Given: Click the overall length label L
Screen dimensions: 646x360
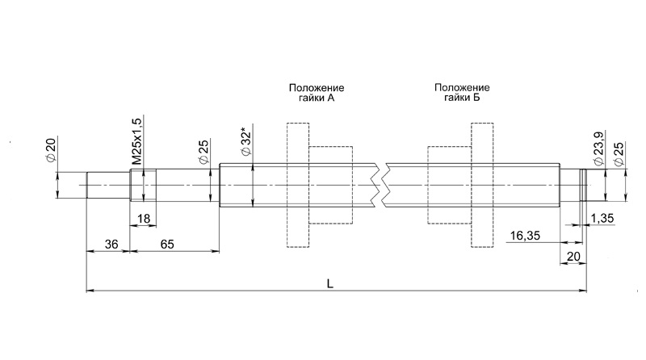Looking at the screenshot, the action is pyautogui.click(x=330, y=283).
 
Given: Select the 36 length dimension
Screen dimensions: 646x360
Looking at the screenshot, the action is pyautogui.click(x=111, y=245).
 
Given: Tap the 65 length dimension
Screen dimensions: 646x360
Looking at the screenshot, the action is pyautogui.click(x=167, y=245).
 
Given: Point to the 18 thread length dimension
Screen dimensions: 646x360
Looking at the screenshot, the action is pyautogui.click(x=144, y=218).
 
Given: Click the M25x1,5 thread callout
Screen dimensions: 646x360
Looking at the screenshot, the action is pyautogui.click(x=137, y=141).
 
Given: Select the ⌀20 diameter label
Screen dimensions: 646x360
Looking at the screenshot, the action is pyautogui.click(x=50, y=150).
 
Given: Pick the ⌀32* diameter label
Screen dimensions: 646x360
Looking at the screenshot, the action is pyautogui.click(x=246, y=144).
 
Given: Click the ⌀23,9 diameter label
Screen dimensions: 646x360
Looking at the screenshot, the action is pyautogui.click(x=598, y=149).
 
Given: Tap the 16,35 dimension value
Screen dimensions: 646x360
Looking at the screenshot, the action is pyautogui.click(x=525, y=236).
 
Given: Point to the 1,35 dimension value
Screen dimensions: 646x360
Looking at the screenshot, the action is pyautogui.click(x=602, y=218).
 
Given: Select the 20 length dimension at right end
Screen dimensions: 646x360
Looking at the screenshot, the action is pyautogui.click(x=573, y=257).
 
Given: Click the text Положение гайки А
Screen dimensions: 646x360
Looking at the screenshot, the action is pyautogui.click(x=317, y=93).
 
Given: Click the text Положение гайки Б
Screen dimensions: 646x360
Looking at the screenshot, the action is pyautogui.click(x=462, y=93).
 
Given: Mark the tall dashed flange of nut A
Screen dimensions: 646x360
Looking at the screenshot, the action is pyautogui.click(x=298, y=185).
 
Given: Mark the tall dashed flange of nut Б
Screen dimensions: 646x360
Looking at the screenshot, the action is pyautogui.click(x=482, y=185).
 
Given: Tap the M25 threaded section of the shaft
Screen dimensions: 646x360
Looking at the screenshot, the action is pyautogui.click(x=144, y=185).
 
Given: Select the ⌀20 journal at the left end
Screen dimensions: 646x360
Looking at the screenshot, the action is pyautogui.click(x=108, y=185).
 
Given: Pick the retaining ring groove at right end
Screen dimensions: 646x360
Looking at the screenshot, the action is pyautogui.click(x=582, y=185).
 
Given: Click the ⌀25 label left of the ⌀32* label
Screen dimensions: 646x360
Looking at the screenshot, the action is pyautogui.click(x=204, y=153).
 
